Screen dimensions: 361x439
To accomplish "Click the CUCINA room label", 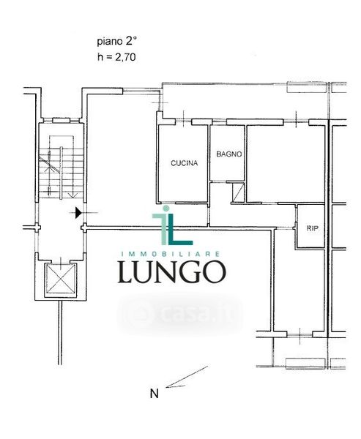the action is pyautogui.click(x=184, y=163).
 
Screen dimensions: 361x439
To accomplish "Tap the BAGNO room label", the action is pyautogui.click(x=229, y=154).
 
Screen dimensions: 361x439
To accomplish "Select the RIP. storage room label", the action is pyautogui.click(x=313, y=228).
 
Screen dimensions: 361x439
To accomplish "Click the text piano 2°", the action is pyautogui.click(x=116, y=42).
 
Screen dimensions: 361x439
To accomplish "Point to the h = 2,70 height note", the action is pyautogui.click(x=116, y=57).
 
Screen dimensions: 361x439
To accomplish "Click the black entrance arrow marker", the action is pyautogui.click(x=78, y=213).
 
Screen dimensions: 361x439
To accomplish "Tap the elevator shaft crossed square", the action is pyautogui.click(x=61, y=279).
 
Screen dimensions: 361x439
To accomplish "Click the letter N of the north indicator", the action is pyautogui.click(x=155, y=394).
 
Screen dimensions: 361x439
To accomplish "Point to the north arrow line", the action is pyautogui.click(x=187, y=377).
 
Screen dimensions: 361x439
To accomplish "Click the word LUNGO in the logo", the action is pyautogui.click(x=172, y=272).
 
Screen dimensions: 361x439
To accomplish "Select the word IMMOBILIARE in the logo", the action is pyautogui.click(x=171, y=254).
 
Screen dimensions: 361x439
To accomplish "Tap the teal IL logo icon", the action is pyautogui.click(x=172, y=225).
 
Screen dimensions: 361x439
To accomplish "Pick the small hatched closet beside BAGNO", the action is pyautogui.click(x=238, y=192).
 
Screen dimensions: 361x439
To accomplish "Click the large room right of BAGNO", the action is pyautogui.click(x=286, y=163).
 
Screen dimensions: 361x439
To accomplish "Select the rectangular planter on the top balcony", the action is pyautogui.click(x=307, y=87).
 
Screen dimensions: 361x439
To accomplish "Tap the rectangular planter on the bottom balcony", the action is pyautogui.click(x=305, y=364).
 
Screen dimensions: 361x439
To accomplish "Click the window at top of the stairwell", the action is pyautogui.click(x=61, y=121).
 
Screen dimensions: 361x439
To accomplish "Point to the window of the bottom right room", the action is pyautogui.click(x=299, y=334).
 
